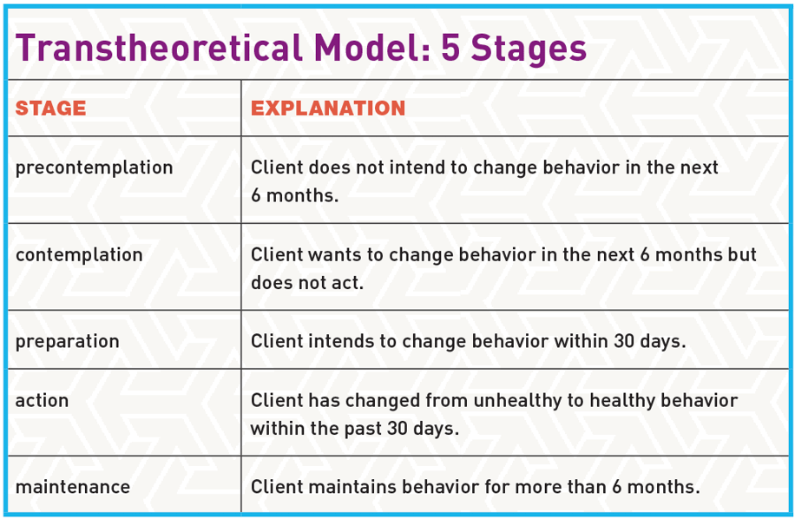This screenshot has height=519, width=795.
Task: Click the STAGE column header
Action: point(50,108)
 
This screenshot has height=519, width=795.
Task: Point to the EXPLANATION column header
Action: point(328,108)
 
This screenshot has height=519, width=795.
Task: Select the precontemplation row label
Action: point(94,168)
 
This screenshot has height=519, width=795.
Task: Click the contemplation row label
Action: point(79,255)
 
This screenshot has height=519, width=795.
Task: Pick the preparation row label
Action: point(67,341)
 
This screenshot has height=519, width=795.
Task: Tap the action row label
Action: point(42,400)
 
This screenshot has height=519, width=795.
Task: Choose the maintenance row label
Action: point(72,487)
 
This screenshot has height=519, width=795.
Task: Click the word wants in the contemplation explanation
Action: point(328,255)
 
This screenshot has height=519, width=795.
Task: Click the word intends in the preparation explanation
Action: point(334,341)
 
